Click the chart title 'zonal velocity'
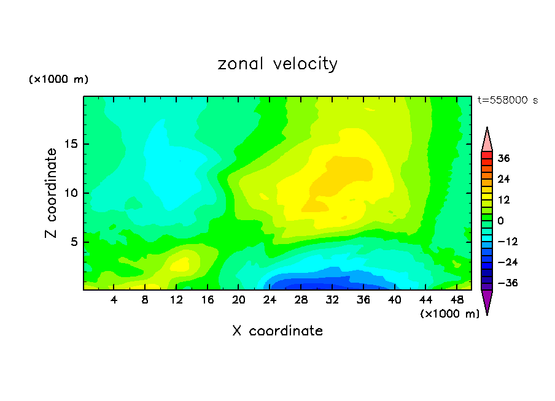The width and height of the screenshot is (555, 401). tap(277, 64)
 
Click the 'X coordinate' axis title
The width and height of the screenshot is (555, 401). tap(277, 331)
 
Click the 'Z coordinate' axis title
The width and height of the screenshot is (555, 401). tap(52, 193)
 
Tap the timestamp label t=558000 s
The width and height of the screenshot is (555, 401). tap(507, 101)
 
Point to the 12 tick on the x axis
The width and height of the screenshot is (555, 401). tap(176, 300)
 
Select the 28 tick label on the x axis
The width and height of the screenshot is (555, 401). tap(301, 300)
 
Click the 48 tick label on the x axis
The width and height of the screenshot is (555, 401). tap(456, 300)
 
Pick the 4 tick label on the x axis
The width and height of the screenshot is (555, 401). tap(114, 300)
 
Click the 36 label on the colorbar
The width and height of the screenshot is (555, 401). tap(504, 158)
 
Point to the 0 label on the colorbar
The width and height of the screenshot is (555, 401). tap(500, 221)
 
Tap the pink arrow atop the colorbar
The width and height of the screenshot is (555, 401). tap(487, 140)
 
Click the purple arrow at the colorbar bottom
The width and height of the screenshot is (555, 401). tap(487, 302)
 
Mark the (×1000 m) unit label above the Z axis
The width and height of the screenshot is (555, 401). tap(58, 80)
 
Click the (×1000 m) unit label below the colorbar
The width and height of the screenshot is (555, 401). tap(449, 314)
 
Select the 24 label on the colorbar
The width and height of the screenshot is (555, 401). tap(504, 179)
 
